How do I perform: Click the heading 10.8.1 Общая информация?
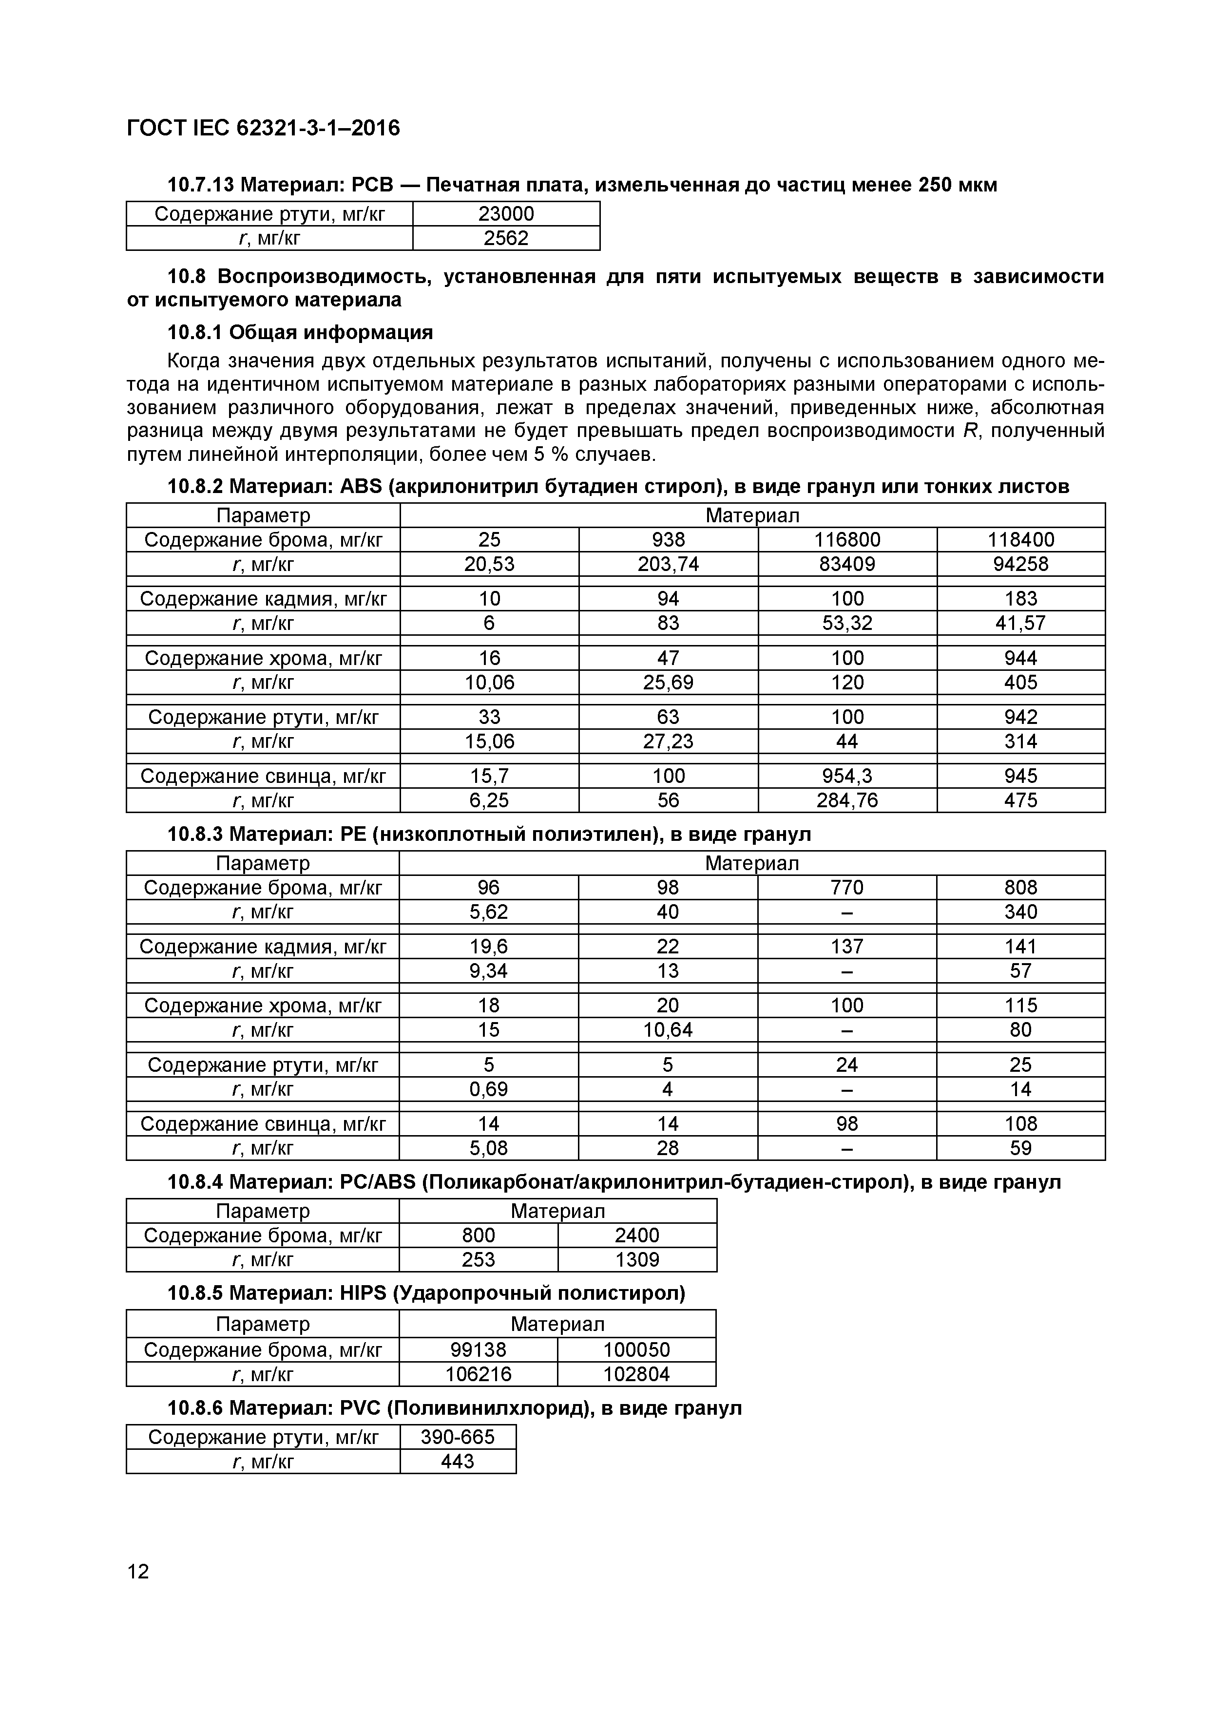(x=300, y=332)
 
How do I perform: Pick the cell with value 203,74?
(x=668, y=564)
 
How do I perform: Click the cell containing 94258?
(x=1020, y=564)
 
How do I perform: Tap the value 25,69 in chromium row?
(x=668, y=683)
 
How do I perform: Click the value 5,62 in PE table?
(x=488, y=912)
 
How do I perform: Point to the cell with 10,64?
(x=668, y=1030)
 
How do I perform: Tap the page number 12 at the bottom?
(x=138, y=1571)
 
